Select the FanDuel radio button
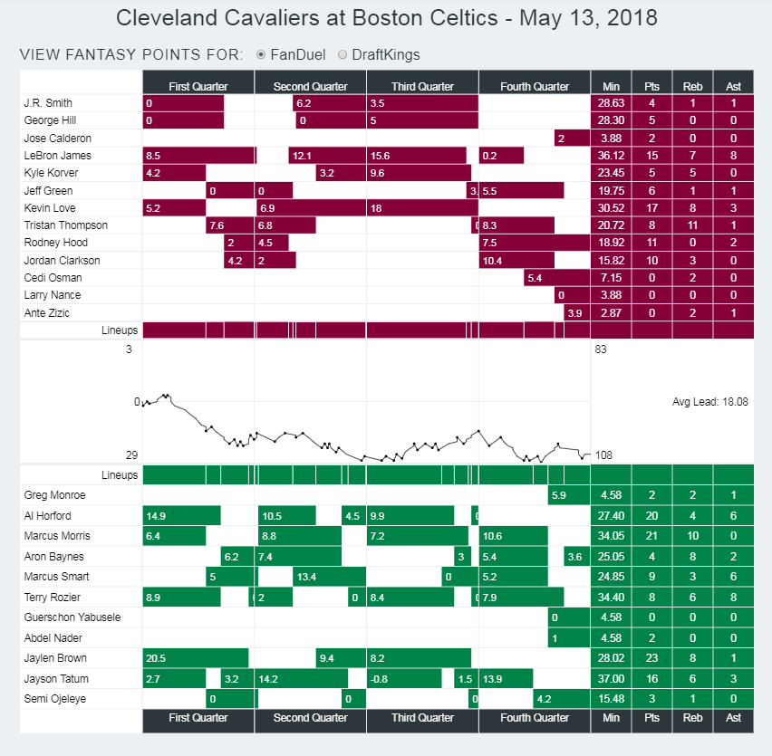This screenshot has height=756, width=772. click(261, 54)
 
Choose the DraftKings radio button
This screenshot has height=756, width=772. click(343, 54)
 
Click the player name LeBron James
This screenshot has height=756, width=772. click(57, 156)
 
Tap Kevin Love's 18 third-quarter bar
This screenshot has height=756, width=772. click(422, 208)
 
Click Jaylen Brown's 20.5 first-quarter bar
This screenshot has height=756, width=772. click(195, 658)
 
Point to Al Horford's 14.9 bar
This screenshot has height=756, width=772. click(181, 516)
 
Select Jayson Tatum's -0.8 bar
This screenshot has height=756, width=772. click(404, 679)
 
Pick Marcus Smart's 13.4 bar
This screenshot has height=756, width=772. click(328, 577)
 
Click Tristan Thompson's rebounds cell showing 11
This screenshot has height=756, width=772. click(692, 225)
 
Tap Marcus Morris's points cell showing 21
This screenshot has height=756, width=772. click(651, 536)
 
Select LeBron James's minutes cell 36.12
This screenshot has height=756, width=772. click(611, 156)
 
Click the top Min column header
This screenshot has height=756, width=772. click(611, 86)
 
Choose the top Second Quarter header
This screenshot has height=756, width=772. click(310, 86)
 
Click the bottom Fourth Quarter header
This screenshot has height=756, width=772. click(535, 718)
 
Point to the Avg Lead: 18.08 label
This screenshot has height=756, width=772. click(709, 401)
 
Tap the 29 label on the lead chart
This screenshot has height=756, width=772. click(132, 455)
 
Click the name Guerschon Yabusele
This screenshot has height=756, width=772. click(71, 617)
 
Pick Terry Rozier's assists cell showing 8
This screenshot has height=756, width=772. click(733, 597)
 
